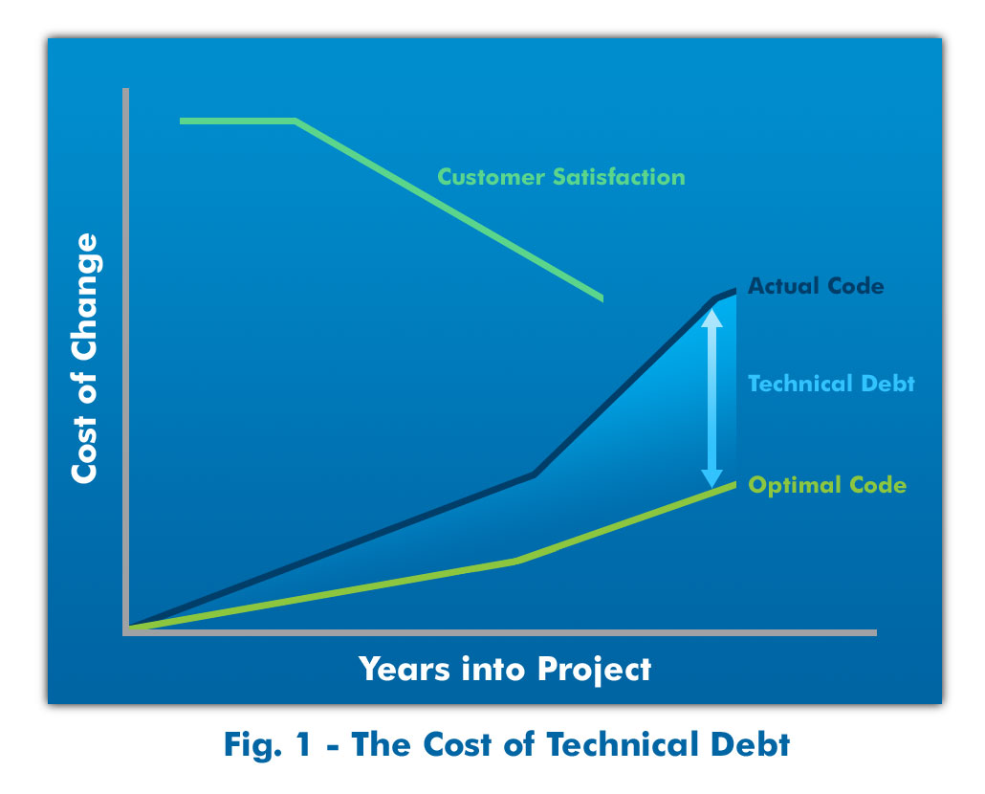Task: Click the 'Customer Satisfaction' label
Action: (561, 177)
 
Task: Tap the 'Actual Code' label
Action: (816, 286)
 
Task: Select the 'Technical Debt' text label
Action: (831, 384)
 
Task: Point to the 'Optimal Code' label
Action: (827, 485)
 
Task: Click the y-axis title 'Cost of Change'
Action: (84, 358)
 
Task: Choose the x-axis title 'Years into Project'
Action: (505, 669)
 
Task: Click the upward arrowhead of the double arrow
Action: (711, 318)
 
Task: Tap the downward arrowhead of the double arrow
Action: (711, 478)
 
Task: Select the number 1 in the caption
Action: (304, 744)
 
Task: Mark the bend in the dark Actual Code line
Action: (534, 474)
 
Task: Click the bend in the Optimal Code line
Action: (517, 561)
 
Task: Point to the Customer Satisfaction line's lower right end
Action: (602, 298)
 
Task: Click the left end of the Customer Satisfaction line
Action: (181, 121)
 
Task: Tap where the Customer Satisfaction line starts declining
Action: (295, 121)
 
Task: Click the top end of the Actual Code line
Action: (735, 291)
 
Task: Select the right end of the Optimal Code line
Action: (735, 484)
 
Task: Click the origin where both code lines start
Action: (130, 627)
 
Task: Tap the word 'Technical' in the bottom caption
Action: (622, 744)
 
